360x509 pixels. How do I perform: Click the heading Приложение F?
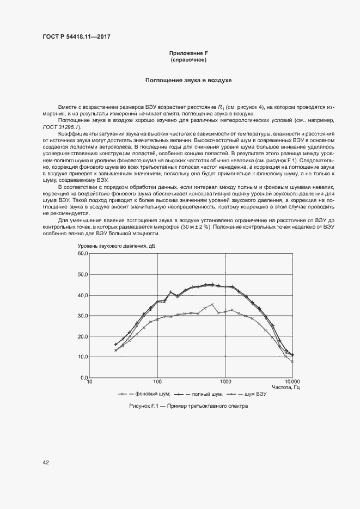(188, 53)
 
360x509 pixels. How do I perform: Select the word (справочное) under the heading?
(188, 59)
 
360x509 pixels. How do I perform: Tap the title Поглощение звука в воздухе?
(188, 81)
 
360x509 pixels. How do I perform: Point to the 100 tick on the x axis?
(157, 382)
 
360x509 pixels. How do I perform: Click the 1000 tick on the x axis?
(225, 382)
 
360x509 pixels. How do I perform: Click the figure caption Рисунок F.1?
(188, 406)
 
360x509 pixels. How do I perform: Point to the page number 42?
(46, 463)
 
